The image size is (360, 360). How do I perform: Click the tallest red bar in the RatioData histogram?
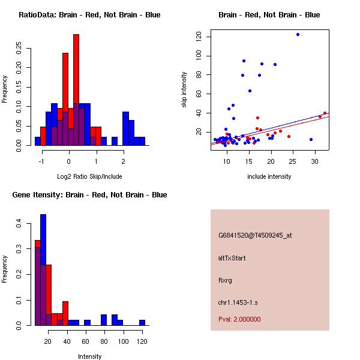coord(76,90)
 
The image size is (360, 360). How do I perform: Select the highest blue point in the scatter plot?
coord(298,34)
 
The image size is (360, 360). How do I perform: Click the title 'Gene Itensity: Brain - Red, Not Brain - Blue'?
coord(89,194)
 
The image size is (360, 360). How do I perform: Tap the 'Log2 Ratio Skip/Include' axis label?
coord(89,176)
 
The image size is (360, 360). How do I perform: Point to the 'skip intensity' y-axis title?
coord(184,89)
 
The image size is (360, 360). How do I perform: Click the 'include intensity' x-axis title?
coord(269,176)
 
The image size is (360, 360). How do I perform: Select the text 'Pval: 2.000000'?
coord(239,319)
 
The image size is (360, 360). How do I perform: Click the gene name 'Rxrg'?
coord(225,280)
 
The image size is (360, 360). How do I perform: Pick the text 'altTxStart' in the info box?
coord(232,258)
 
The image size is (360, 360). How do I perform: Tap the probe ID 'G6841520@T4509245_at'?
coord(255,235)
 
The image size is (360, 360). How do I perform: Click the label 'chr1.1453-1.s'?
coord(238,302)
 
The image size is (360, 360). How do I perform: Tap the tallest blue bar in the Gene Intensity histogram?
coord(43,270)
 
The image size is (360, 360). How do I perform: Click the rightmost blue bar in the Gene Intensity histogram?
coord(142,323)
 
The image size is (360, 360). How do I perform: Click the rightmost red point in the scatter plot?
coord(325,113)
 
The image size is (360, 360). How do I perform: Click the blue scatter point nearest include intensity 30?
coord(311,139)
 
